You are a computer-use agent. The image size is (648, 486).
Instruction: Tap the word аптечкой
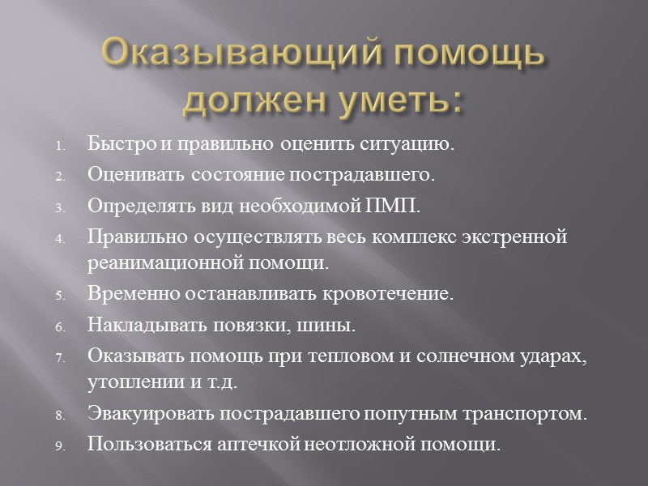(248, 443)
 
